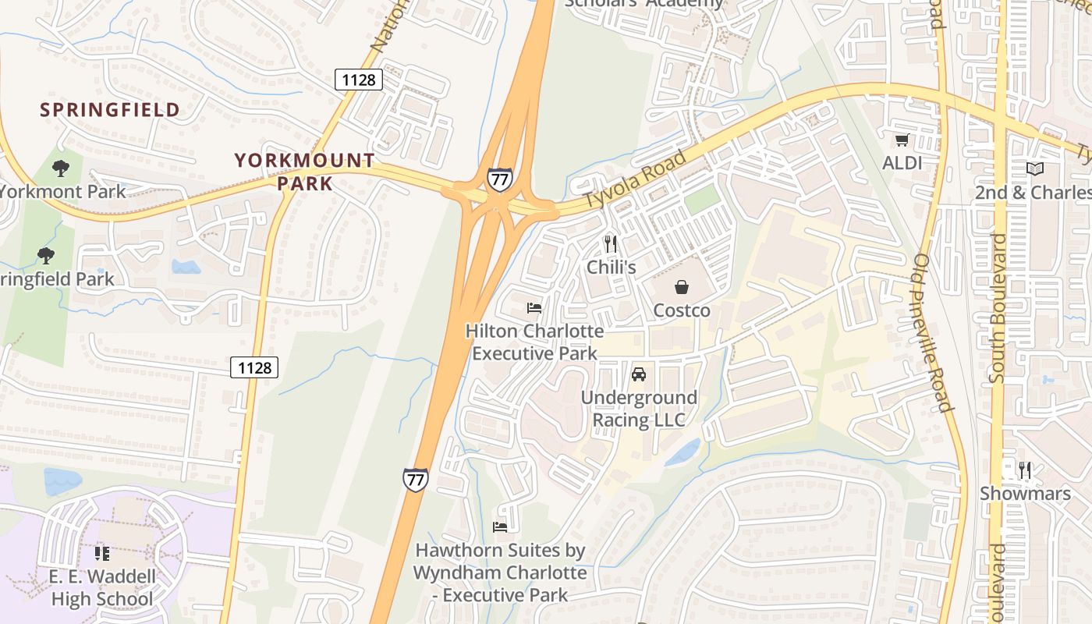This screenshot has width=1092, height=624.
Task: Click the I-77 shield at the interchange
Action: (500, 179)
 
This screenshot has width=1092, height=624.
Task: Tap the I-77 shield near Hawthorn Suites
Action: (416, 479)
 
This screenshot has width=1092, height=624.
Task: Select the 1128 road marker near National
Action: (359, 79)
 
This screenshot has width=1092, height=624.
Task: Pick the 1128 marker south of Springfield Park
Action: (254, 367)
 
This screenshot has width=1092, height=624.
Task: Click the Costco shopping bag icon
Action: (682, 287)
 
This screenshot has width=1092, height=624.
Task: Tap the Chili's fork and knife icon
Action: (611, 244)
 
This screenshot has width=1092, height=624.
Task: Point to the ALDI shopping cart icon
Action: (902, 140)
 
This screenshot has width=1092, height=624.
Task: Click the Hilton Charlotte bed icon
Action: (534, 308)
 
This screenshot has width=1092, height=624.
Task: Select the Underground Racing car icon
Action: (639, 374)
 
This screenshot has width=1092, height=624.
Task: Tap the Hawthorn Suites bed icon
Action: (500, 527)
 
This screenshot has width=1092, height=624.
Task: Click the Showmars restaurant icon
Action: (1025, 470)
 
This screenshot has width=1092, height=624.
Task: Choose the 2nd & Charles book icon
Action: (1035, 168)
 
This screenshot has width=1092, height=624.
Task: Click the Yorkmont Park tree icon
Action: (60, 168)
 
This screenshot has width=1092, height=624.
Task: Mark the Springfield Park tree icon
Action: (46, 255)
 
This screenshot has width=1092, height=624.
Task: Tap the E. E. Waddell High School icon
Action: (102, 554)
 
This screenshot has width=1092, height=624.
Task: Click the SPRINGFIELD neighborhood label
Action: (110, 109)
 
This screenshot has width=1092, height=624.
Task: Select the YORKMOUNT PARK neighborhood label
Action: (305, 172)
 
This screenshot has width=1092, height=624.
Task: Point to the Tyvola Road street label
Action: (636, 179)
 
